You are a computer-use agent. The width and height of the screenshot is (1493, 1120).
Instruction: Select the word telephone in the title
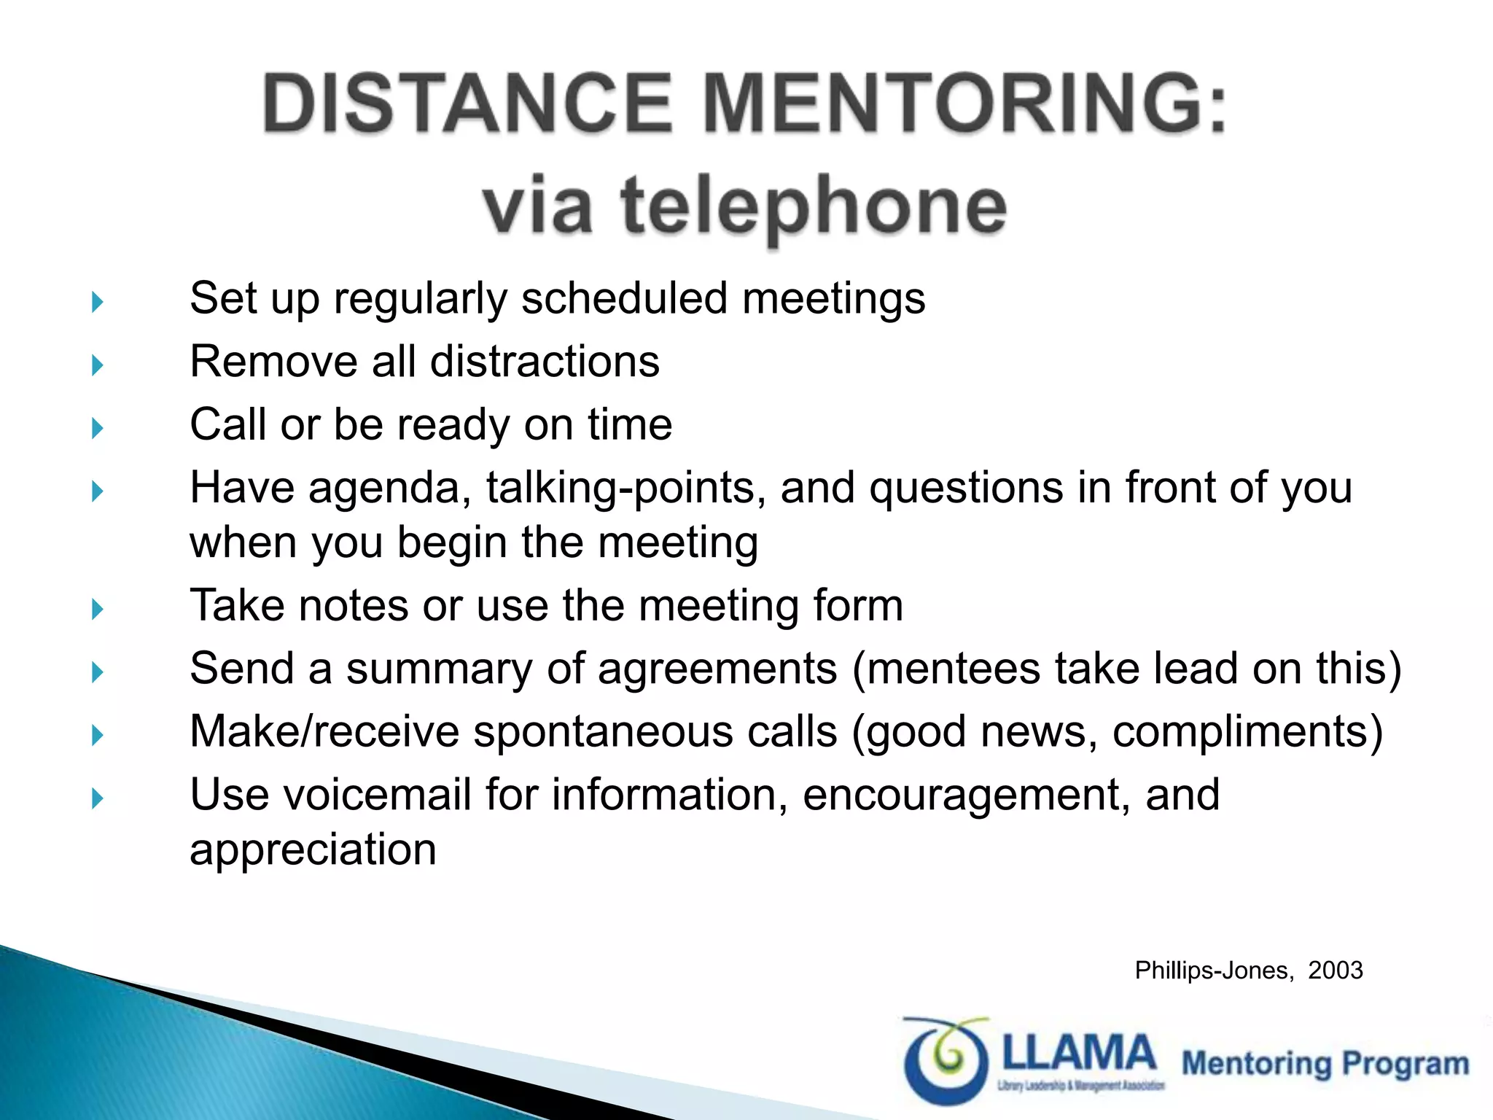(814, 207)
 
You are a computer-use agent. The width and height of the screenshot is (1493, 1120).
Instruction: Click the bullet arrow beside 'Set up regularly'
(98, 301)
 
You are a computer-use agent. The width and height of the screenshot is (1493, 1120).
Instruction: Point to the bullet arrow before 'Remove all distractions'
(98, 365)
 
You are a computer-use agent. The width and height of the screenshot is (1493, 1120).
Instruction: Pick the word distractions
(545, 362)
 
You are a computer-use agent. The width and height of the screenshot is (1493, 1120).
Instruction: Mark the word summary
(439, 669)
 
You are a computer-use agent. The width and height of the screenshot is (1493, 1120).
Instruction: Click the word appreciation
(313, 850)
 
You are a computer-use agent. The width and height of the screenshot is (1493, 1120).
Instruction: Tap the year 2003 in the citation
(1335, 971)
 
